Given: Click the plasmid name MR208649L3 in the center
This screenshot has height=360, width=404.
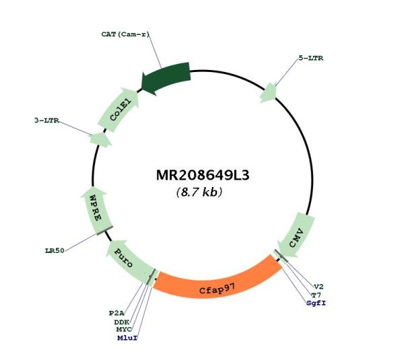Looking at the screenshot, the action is (x=203, y=176).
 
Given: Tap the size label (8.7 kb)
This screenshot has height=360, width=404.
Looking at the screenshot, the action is (x=199, y=192).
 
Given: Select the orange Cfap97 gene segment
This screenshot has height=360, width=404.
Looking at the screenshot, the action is (x=217, y=282).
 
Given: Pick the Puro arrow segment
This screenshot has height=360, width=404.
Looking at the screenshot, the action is (x=129, y=260).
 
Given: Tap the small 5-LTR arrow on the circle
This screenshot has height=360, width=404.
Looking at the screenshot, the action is (x=268, y=93).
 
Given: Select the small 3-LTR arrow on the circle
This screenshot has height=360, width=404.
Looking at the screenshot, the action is (x=100, y=139).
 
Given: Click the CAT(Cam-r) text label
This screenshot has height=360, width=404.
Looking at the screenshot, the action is (x=125, y=34).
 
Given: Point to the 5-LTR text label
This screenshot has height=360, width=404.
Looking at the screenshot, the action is (x=310, y=58).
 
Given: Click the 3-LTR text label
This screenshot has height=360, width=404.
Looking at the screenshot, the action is (x=46, y=120).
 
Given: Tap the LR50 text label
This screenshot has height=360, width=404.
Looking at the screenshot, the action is (x=55, y=250).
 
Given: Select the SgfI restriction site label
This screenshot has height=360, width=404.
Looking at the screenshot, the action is (x=316, y=303).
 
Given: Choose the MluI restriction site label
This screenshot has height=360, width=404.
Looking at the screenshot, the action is (x=127, y=338).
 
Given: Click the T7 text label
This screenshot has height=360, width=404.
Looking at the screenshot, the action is (x=316, y=295).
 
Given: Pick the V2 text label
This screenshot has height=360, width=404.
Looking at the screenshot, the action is (x=318, y=287).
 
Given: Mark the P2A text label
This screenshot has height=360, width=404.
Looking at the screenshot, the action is (x=116, y=314).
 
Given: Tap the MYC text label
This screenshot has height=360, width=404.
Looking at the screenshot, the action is (x=124, y=329).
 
